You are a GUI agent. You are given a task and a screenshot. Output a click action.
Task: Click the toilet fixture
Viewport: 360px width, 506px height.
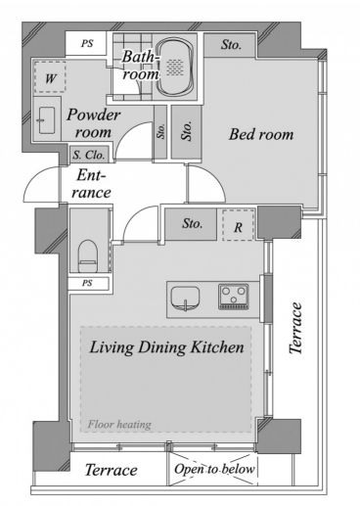(x=88, y=255)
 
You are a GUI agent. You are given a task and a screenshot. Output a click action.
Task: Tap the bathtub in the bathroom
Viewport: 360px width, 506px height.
(x=175, y=68)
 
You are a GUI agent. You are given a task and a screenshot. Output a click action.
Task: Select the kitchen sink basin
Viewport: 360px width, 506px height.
(x=185, y=299)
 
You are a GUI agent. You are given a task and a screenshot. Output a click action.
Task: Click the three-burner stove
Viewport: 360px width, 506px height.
(x=234, y=297)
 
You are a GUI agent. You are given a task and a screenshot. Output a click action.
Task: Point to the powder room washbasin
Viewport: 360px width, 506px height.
(x=47, y=120)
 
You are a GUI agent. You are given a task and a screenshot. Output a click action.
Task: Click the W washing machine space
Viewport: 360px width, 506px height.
(x=50, y=77)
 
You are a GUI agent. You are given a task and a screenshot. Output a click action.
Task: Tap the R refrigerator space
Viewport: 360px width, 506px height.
(x=239, y=225)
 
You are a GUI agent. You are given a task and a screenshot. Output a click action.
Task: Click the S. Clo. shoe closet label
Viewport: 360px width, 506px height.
(x=89, y=155)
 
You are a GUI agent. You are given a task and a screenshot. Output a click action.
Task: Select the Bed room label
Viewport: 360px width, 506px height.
(x=261, y=134)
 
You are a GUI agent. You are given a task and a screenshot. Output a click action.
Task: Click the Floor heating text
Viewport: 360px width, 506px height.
(x=119, y=425)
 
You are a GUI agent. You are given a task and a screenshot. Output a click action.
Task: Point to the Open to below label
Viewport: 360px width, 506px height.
(x=214, y=469)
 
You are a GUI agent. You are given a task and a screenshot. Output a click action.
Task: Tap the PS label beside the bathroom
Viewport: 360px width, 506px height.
(x=87, y=43)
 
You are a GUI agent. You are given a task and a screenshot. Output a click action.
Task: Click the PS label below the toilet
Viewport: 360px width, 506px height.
(x=87, y=283)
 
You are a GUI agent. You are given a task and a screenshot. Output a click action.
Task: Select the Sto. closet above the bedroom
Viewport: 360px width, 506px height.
(x=230, y=45)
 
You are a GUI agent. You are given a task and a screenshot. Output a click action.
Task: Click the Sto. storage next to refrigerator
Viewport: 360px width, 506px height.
(x=191, y=224)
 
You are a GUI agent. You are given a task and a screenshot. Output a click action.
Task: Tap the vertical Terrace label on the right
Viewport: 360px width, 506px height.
(x=296, y=328)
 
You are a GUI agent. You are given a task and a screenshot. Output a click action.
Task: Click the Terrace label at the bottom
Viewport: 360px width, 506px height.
(x=111, y=470)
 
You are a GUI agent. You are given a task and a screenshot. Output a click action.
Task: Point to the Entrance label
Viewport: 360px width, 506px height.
(x=91, y=184)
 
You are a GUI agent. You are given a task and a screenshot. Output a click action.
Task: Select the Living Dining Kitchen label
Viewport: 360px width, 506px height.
(x=166, y=346)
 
